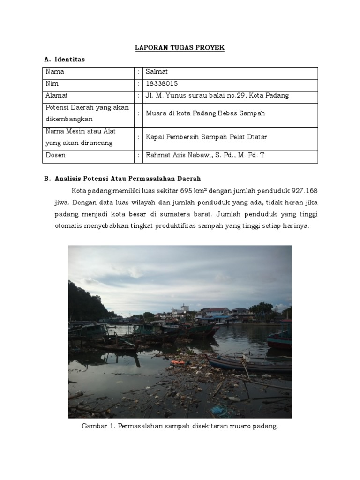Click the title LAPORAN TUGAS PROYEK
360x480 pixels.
click(180, 48)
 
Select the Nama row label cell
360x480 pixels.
click(55, 72)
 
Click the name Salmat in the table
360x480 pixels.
click(157, 72)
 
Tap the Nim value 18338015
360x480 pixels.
click(162, 84)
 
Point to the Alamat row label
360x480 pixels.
click(57, 96)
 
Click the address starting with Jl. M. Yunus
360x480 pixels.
click(217, 96)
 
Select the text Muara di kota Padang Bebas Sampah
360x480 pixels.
click(205, 113)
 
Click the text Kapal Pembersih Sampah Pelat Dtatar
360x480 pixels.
click(206, 137)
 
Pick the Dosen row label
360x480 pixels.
click(55, 155)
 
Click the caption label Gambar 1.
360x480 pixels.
click(98, 427)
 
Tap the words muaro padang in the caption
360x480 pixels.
click(257, 427)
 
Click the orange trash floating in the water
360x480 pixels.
click(177, 362)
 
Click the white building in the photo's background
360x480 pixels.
click(180, 310)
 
